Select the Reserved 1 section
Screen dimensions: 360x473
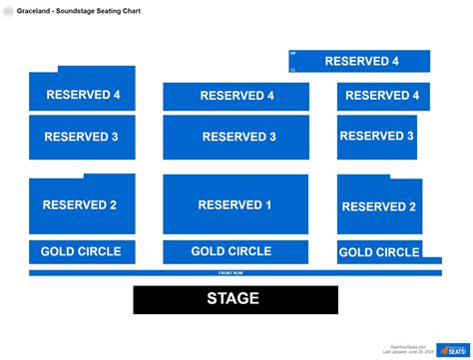coord(236,205)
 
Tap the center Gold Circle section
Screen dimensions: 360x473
coord(236,251)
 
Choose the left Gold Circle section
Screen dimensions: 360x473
coord(82,251)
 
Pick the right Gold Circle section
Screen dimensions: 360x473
coord(379,252)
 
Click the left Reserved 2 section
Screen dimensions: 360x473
coord(81,205)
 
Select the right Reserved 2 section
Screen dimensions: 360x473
coord(379,206)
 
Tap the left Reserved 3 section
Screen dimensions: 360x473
coord(81,137)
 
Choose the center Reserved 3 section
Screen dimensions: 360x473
coord(236,137)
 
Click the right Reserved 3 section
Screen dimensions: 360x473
coord(377,136)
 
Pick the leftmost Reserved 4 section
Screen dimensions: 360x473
coord(82,96)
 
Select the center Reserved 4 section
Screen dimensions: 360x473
coord(236,96)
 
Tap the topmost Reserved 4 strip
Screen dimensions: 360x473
coord(360,61)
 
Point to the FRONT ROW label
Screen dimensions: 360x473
coord(232,272)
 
